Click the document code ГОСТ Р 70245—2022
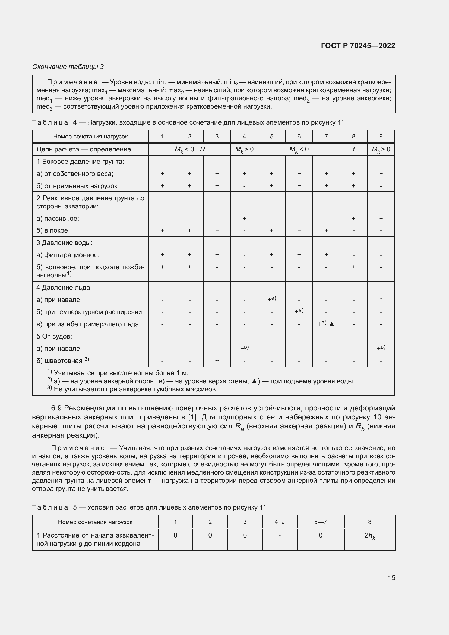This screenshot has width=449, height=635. coord(358,46)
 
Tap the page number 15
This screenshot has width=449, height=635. coord(391,577)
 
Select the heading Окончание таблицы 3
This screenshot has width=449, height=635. coord(68,67)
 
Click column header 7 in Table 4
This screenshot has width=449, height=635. coord(326,136)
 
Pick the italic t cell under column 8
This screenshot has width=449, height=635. coord(353,149)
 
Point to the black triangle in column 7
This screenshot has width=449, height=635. coord(332,324)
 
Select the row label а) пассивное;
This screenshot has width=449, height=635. coord(58,219)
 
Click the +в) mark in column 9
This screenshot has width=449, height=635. coord(381,348)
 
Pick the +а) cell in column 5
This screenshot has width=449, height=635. coord(271,299)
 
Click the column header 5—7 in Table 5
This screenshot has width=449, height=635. coord(320,522)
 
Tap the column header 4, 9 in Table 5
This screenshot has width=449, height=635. coord(279,522)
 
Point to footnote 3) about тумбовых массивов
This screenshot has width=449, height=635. coord(133,389)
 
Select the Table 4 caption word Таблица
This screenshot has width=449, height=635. coord(50,122)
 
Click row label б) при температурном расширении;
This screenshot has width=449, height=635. coord(90,312)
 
